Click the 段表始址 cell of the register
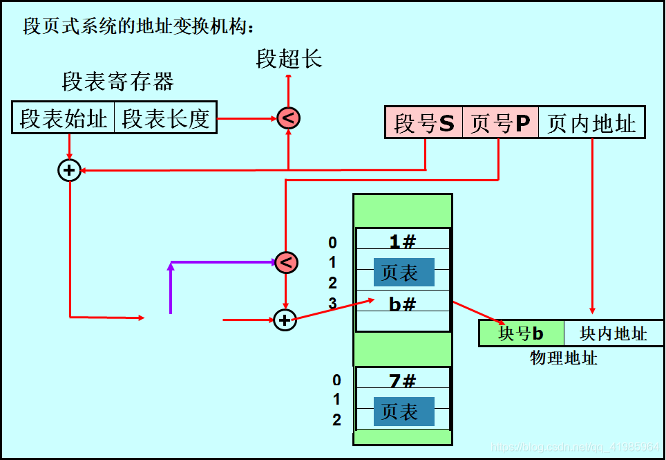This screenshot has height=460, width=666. click(63, 118)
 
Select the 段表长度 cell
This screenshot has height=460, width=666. click(165, 118)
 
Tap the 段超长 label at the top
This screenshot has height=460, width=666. click(289, 59)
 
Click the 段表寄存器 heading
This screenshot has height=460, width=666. click(117, 83)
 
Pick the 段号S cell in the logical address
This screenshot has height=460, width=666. click(424, 123)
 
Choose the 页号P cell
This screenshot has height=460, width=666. click(499, 123)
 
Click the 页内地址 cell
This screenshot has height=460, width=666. click(591, 123)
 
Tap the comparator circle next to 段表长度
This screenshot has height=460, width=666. click(288, 118)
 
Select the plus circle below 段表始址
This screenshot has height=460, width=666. click(69, 169)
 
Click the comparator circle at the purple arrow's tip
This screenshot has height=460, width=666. click(286, 262)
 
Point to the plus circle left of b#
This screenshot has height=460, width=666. click(285, 320)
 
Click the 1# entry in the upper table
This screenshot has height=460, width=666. click(402, 241)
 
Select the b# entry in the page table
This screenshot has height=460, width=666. click(402, 303)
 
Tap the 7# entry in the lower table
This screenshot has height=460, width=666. click(402, 380)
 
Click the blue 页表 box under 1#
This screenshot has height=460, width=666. click(404, 273)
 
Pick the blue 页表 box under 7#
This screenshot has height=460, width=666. click(404, 412)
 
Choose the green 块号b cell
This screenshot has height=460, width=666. click(522, 334)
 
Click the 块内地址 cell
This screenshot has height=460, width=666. click(613, 334)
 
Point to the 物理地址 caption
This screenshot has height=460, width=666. click(564, 358)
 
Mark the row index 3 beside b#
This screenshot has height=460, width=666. click(332, 303)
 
